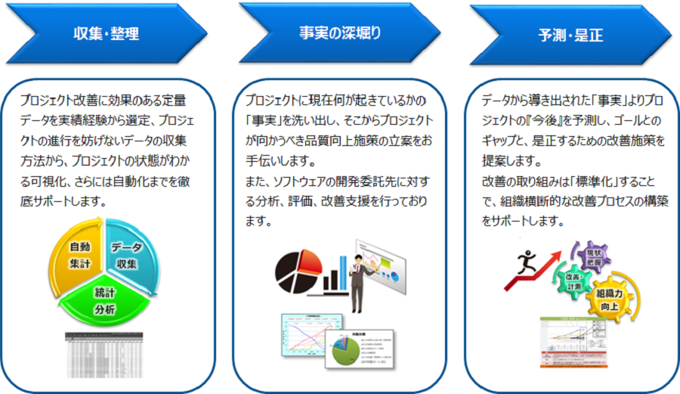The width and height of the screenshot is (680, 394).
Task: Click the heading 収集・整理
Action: tap(107, 33)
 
